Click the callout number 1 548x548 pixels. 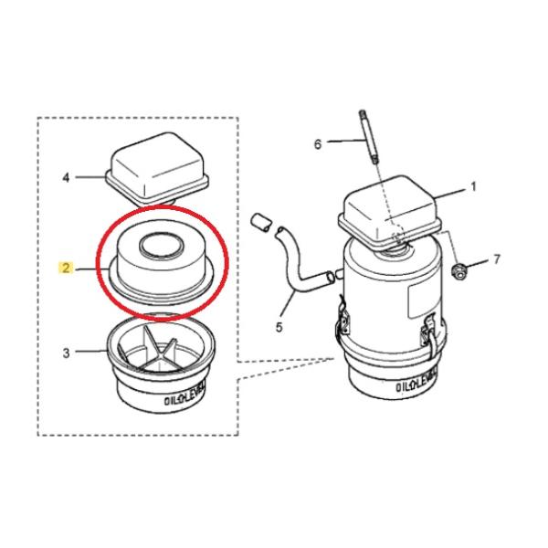[474, 186]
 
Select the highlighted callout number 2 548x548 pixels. [66, 269]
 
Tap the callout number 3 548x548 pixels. [66, 351]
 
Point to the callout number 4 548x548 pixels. [66, 177]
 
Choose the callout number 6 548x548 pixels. [318, 143]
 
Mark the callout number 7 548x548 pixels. [496, 260]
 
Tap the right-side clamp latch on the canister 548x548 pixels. [429, 336]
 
